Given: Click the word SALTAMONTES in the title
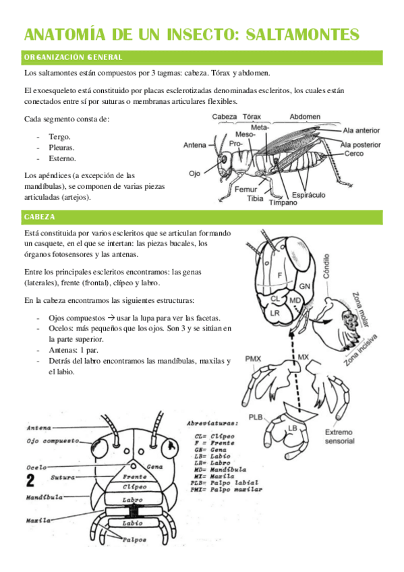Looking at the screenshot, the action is point(303,34).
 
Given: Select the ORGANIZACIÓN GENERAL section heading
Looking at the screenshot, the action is point(74,57).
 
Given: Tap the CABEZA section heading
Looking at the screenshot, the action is point(39,217).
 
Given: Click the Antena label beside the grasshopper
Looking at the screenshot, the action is point(195,145).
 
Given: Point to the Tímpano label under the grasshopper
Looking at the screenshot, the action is point(283,202).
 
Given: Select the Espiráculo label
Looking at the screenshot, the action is point(308,195).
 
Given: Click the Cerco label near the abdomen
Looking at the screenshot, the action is point(353,154).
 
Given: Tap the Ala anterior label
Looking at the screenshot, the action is point(362,130).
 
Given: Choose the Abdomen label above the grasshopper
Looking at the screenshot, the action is point(305,117).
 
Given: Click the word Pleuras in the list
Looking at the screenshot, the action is point(61,148).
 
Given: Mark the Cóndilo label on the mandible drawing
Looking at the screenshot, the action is point(326,266).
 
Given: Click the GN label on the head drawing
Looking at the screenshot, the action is point(304,287).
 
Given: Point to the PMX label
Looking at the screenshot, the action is point(253,359).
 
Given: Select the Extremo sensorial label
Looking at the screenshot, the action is point(339,436).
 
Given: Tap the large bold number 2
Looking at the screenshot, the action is point(30,480).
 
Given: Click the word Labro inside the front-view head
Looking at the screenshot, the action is point(132,500).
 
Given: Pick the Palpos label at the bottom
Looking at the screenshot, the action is point(134,540).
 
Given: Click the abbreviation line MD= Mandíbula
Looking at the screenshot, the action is point(221,469).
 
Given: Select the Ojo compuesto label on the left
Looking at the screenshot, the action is point(53,441).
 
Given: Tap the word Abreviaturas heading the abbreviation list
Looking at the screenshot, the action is point(212,424).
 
